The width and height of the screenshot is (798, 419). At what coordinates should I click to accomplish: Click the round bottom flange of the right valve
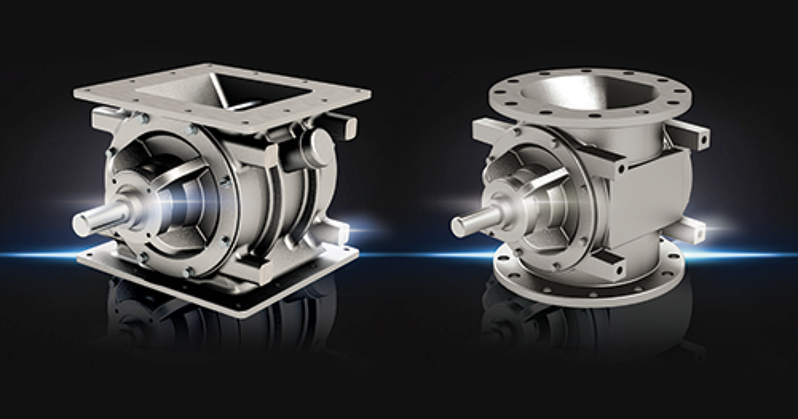coord(585,283)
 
